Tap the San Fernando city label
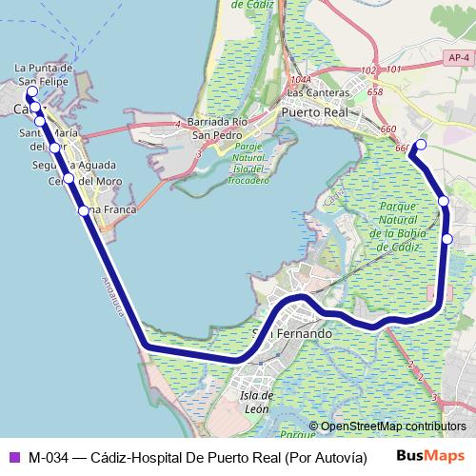pyautogui.click(x=293, y=334)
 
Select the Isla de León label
pyautogui.click(x=258, y=402)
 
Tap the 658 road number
pyautogui.click(x=374, y=92)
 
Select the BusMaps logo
pyautogui.click(x=430, y=457)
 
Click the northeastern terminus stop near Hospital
pyautogui.click(x=421, y=145)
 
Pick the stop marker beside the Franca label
pyautogui.click(x=84, y=210)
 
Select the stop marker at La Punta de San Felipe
pyautogui.click(x=31, y=92)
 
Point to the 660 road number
pyautogui.click(x=387, y=129)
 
